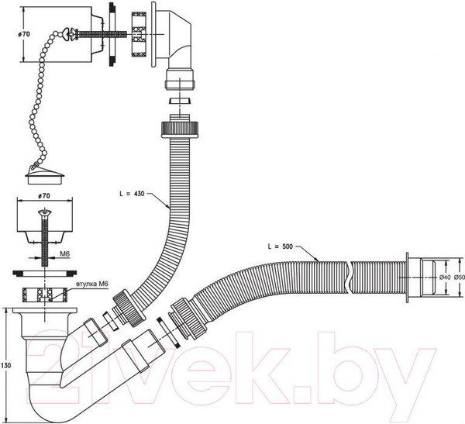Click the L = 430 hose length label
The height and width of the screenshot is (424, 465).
coord(132,194)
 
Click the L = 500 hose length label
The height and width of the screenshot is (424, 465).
coord(281,246)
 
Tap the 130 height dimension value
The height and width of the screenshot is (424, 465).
coord(5,365)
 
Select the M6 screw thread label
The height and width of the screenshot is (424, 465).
coord(64,254)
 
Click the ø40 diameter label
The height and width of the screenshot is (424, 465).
coord(445,277)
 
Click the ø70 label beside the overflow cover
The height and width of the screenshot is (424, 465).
coord(24,34)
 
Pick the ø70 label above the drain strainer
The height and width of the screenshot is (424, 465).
coord(44,196)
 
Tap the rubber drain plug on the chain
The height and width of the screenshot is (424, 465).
coord(44,176)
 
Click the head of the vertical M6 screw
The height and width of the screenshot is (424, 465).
coord(45,212)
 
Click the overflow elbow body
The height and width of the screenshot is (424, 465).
coord(174,38)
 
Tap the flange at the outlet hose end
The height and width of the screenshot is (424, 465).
coord(408,277)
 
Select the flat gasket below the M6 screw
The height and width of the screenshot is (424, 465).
coord(44,273)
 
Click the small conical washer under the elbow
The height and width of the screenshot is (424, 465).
coord(180,101)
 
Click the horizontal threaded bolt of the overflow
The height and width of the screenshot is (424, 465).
coord(102,34)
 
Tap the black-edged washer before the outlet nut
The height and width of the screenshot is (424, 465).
coord(169,332)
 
